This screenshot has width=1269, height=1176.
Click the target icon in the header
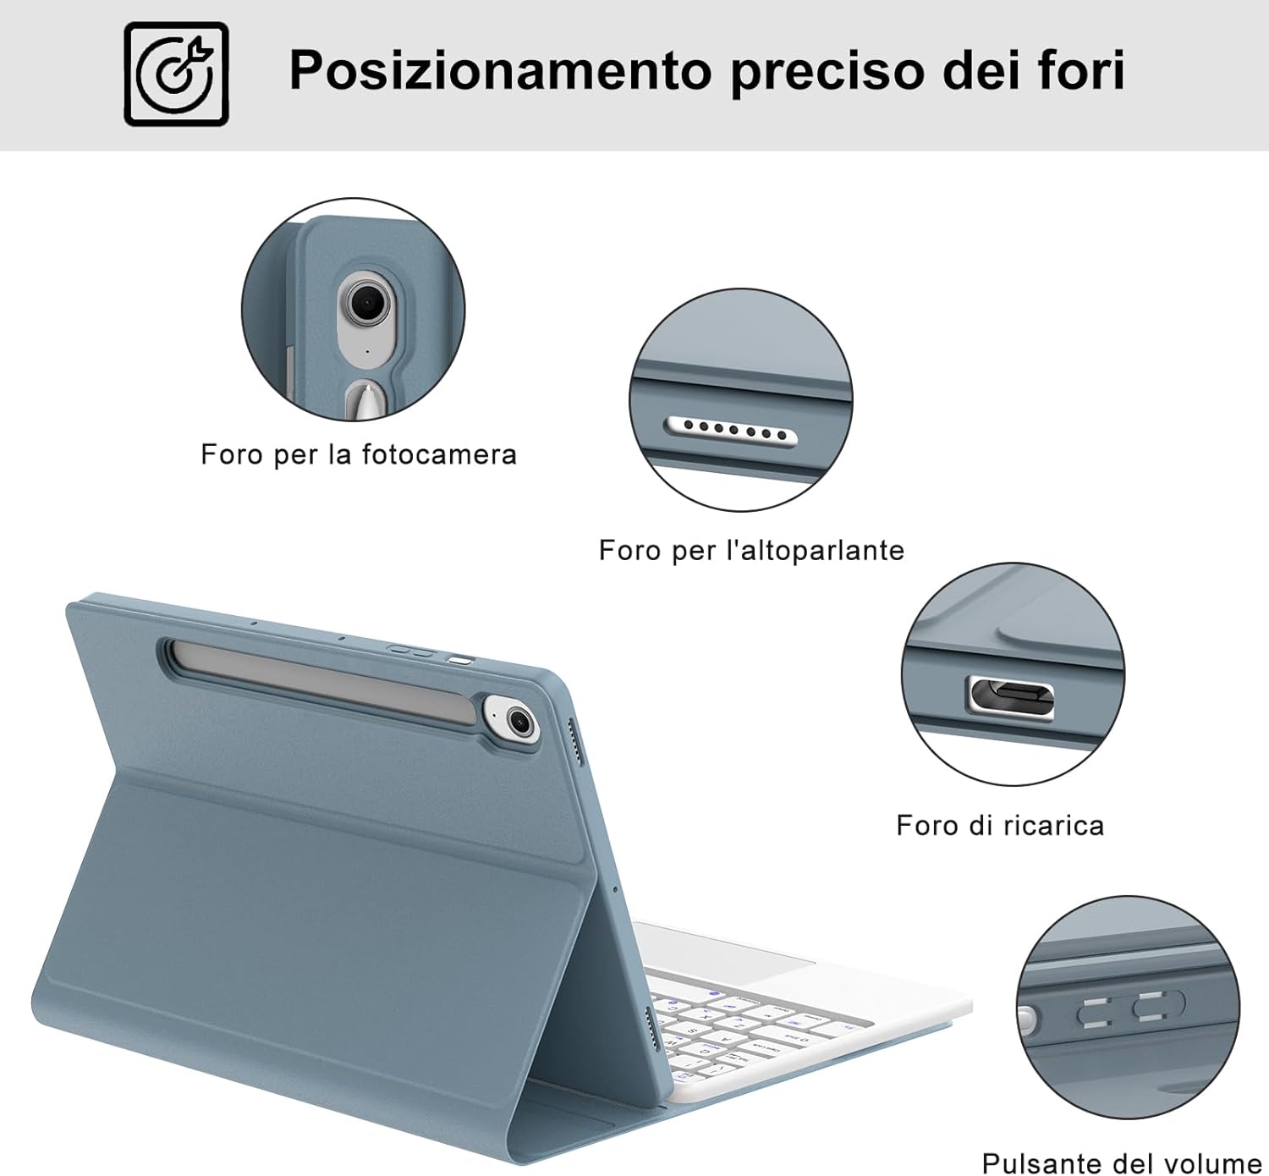[x=176, y=74]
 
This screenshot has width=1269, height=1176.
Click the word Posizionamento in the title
[x=500, y=70]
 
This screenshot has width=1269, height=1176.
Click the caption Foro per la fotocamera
[x=359, y=454]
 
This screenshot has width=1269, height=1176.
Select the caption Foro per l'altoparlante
[x=751, y=550]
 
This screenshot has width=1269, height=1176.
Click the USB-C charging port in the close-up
[x=1012, y=697]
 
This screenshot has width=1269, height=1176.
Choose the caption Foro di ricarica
[x=1000, y=825]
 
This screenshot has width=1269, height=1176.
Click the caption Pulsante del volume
[x=1122, y=1161]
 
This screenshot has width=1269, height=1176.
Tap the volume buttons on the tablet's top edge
[x=411, y=651]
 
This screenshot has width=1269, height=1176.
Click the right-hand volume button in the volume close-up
[x=1158, y=1005]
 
